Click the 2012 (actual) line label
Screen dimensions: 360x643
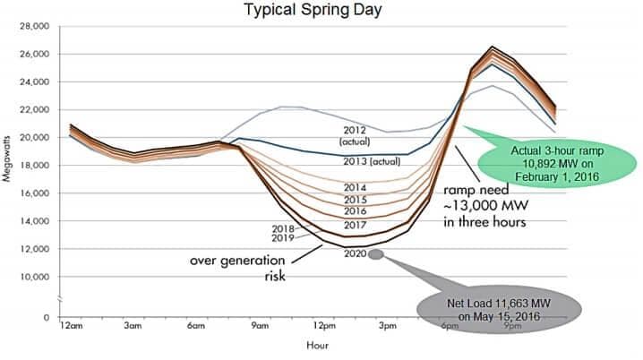point(356,136)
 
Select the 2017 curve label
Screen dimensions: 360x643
point(356,225)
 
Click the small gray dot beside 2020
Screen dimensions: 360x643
point(376,254)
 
